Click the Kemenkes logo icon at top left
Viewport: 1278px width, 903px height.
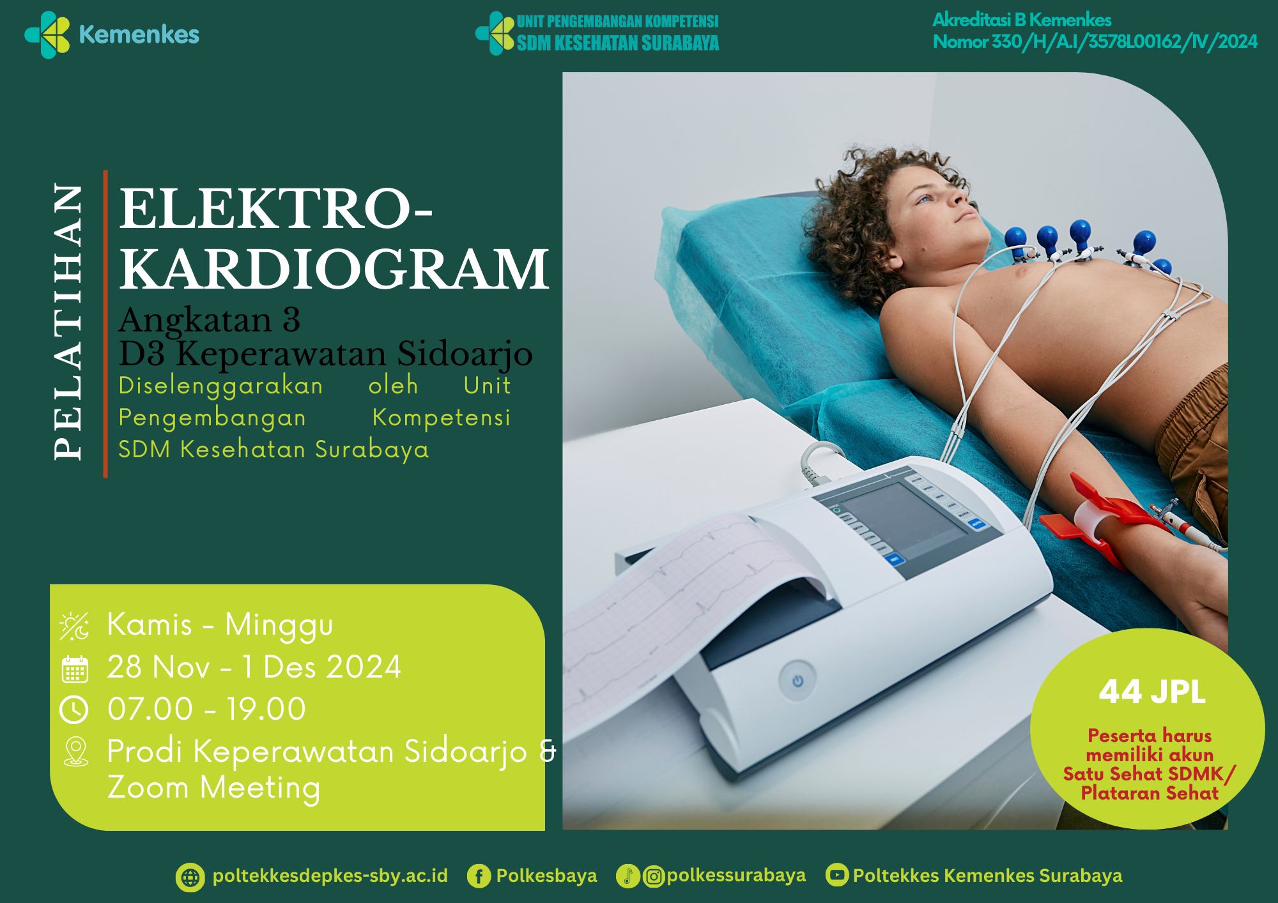tap(47, 34)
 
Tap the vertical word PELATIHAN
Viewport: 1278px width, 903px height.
tap(68, 322)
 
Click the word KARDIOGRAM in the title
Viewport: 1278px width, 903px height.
tap(334, 269)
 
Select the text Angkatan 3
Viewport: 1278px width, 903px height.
tap(210, 319)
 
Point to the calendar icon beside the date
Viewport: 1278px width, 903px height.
tap(75, 669)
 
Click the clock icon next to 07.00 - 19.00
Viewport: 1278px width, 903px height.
tap(74, 709)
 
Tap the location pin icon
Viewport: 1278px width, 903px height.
tap(75, 752)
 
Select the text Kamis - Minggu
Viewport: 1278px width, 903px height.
tap(220, 625)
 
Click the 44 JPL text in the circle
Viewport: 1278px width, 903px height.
tap(1152, 692)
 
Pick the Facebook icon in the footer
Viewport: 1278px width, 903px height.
tap(479, 876)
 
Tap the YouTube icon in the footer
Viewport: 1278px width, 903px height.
tap(837, 875)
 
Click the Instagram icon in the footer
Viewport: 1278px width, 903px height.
tap(653, 876)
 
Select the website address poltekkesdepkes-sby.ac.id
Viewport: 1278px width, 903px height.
tap(330, 876)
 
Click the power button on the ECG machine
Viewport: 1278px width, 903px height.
tap(797, 681)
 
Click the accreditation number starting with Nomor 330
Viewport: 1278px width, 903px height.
tap(1095, 42)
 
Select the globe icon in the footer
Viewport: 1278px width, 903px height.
tap(190, 877)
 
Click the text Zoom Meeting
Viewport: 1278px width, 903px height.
tap(213, 787)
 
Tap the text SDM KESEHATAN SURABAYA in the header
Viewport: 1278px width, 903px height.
tap(618, 43)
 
